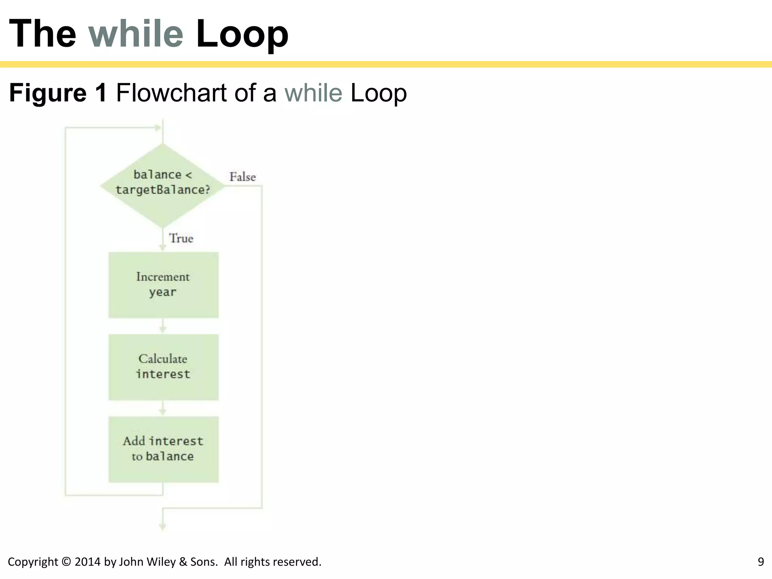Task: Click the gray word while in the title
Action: (x=136, y=34)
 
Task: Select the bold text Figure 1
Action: (x=58, y=93)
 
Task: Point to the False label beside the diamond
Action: (x=242, y=177)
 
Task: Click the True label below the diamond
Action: (x=181, y=238)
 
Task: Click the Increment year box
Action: (x=163, y=285)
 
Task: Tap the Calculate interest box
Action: (x=163, y=367)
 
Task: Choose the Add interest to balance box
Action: (x=163, y=449)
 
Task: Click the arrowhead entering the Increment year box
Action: (x=162, y=247)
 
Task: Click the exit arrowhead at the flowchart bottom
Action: (x=162, y=527)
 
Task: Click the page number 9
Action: (x=761, y=562)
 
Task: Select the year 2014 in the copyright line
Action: (x=87, y=562)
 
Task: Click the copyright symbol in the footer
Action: (x=66, y=562)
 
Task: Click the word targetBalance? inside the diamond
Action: (x=163, y=190)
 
